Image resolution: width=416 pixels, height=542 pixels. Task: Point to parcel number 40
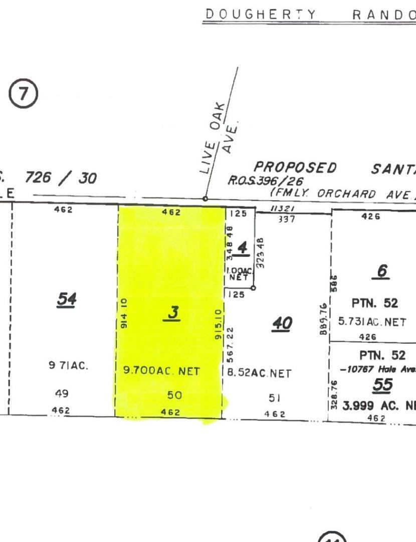pos(282,324)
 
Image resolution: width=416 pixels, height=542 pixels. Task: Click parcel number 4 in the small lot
pos(243,248)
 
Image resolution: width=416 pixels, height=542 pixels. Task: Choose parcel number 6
pos(382,272)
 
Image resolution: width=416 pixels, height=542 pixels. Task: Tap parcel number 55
pos(383,385)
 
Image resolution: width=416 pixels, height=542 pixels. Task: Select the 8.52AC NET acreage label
pos(260,373)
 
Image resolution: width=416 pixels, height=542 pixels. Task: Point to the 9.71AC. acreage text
pos(68,366)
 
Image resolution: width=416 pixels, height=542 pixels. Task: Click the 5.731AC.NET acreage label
pos(372,322)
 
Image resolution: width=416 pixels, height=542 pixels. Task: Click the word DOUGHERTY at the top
pos(261,15)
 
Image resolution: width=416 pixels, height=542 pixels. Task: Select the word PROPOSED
pos(296,168)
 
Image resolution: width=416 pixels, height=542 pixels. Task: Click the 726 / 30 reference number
pos(60,178)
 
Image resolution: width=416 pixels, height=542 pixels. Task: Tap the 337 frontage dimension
pos(286,219)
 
